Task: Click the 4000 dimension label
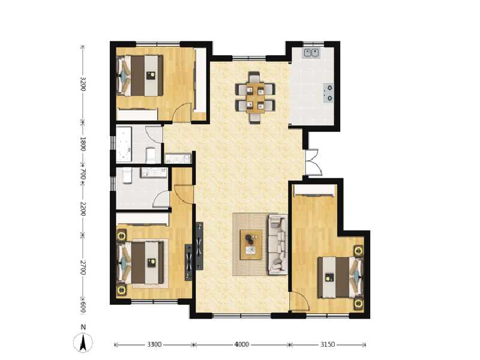[241, 345]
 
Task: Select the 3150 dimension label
[327, 345]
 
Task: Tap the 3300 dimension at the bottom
[154, 345]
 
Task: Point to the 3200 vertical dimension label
[83, 83]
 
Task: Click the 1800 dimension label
[83, 143]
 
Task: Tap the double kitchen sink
[311, 53]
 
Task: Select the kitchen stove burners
[329, 92]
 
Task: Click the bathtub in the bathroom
[125, 144]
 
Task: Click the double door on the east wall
[313, 162]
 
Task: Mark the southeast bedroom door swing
[297, 302]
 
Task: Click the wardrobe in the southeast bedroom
[314, 191]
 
